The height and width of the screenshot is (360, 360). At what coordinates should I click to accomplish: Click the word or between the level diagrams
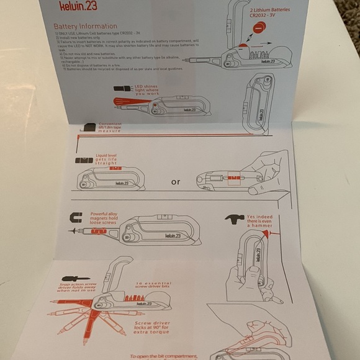point(176,182)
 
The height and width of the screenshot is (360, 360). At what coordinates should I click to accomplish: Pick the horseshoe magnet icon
point(77,218)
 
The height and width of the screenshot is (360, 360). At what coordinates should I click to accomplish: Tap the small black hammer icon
point(233,219)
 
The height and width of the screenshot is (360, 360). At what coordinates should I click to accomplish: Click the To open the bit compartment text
point(164,356)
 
